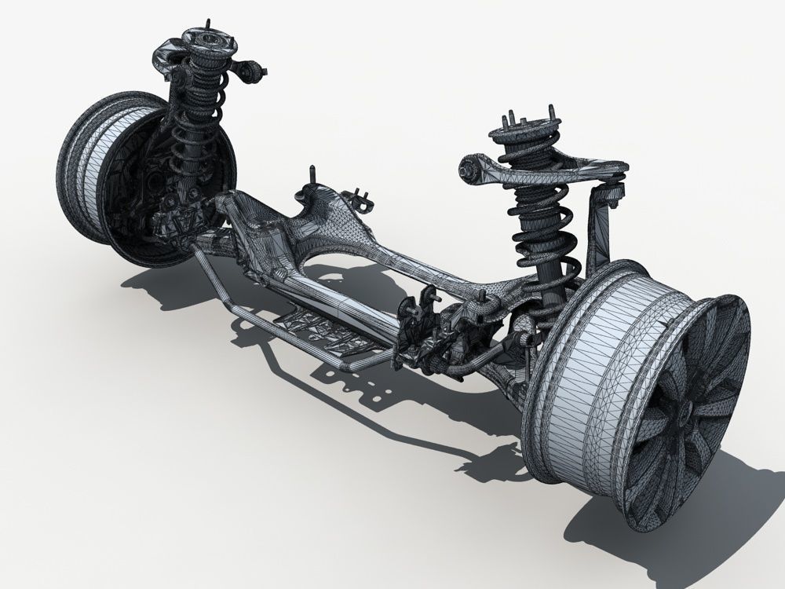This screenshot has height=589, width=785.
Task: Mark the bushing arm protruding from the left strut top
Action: coord(251,71)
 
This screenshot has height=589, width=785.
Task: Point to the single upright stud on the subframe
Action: coord(313,177)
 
